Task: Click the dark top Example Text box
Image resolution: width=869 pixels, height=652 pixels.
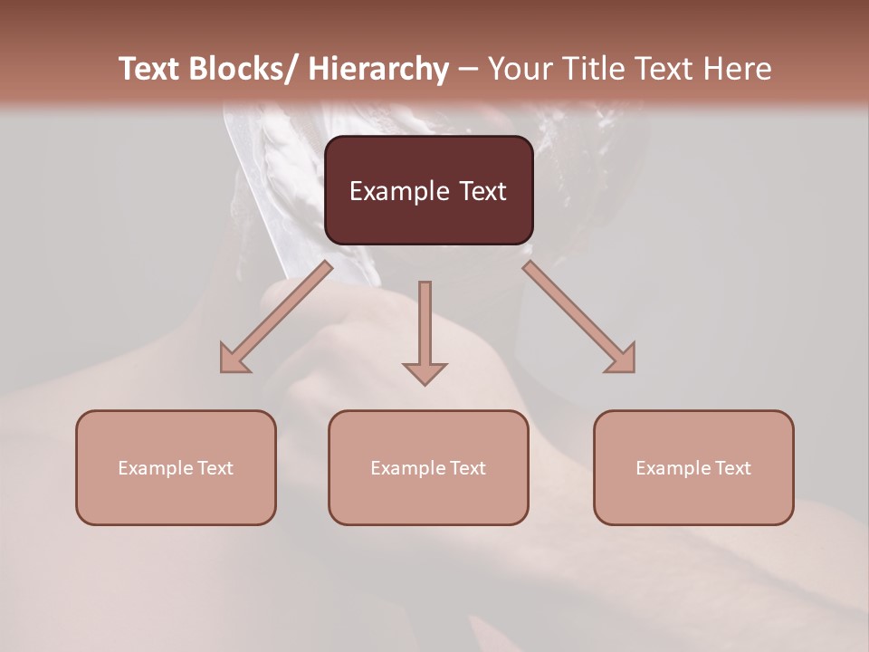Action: (428, 190)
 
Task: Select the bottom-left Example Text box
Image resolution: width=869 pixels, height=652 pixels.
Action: (176, 467)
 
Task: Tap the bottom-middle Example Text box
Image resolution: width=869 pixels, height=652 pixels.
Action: (428, 467)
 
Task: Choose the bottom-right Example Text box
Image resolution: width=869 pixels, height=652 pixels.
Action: (693, 467)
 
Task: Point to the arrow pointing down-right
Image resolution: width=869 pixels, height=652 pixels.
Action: (579, 317)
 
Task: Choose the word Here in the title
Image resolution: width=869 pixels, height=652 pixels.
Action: (739, 69)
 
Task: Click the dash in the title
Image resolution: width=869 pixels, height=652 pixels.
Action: (468, 69)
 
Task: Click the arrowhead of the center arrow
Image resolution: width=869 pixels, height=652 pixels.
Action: (425, 372)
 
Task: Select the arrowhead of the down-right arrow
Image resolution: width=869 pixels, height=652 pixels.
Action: (622, 360)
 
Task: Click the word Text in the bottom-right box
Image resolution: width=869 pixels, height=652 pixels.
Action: (732, 467)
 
